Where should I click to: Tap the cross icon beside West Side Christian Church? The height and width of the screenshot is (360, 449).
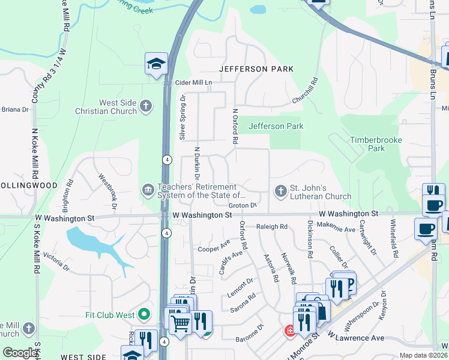click(145, 107)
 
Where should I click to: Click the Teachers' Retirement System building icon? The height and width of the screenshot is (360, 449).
click(148, 190)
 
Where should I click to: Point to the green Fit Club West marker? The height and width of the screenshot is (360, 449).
click(143, 314)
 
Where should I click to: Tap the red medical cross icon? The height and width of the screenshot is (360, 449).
click(290, 331)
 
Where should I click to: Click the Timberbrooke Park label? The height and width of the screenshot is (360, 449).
click(376, 143)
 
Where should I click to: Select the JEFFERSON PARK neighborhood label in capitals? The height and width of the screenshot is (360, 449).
click(256, 69)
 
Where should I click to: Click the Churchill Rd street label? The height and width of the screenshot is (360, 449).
click(304, 91)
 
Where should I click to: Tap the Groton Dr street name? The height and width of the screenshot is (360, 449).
click(243, 205)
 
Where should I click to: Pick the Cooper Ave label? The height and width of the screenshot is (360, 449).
click(214, 247)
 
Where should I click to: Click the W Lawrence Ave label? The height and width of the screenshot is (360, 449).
click(356, 338)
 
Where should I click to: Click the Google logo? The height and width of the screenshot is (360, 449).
click(20, 353)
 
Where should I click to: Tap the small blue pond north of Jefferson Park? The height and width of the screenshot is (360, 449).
click(258, 10)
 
